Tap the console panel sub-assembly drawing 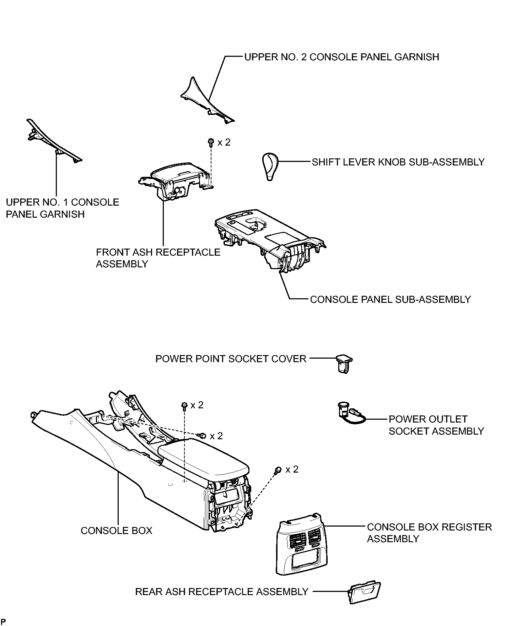click(270, 241)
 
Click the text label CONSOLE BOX click(116, 531)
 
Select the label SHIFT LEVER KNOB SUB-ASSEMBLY click(398, 162)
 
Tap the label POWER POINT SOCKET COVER click(231, 359)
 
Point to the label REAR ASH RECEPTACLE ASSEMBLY click(222, 592)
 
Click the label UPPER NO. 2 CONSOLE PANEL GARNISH click(341, 57)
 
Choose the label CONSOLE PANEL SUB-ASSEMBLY click(390, 300)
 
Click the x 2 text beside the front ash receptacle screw click(224, 142)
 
